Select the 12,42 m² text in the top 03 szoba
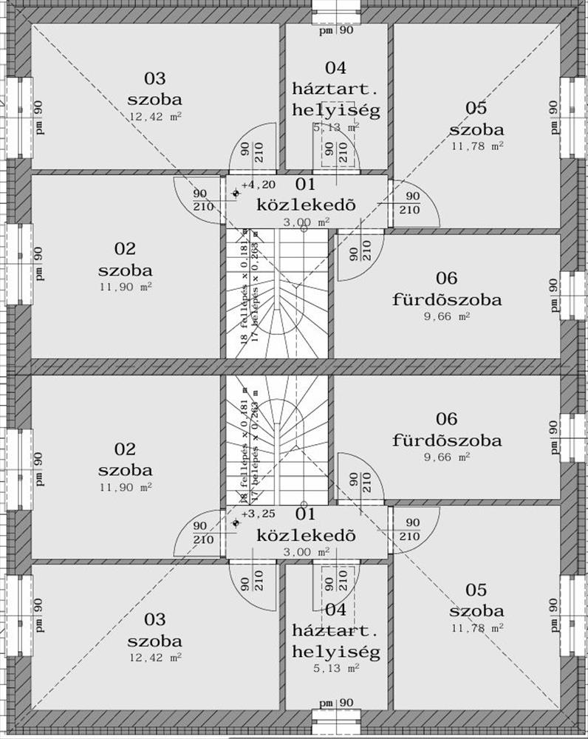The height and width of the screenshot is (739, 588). coord(154,116)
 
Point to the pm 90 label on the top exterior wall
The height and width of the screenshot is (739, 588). coord(336,30)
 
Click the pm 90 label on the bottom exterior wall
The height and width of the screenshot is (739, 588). coord(336,702)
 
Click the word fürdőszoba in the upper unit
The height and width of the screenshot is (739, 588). coord(447,300)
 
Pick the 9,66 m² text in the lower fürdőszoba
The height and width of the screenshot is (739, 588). coord(447,457)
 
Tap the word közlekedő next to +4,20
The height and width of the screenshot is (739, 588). coord(306,204)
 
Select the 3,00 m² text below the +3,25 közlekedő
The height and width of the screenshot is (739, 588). coord(306,551)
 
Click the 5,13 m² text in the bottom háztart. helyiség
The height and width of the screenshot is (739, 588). coord(336,668)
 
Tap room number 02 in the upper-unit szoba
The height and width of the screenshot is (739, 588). coord(125,249)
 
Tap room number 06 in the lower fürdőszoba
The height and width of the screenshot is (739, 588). coord(447,419)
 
